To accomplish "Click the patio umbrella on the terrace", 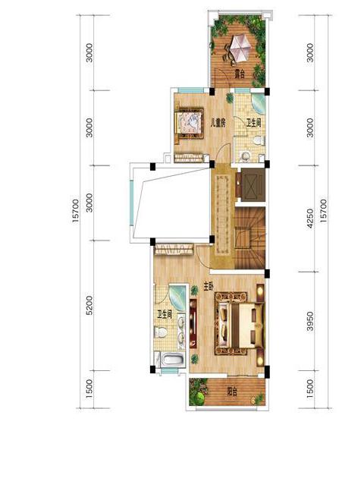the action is [240, 48].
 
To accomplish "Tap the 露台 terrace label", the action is [240, 74].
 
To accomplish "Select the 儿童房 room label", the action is [218, 124].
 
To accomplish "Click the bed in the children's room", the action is [189, 124].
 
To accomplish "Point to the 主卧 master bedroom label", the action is [209, 287].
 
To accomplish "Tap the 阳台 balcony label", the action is [232, 391].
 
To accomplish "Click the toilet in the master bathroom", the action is [161, 332].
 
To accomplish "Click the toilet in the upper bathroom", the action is [259, 140].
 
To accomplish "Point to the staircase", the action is [249, 237].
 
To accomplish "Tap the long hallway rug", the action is [222, 215].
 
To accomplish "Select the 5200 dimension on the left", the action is [89, 306].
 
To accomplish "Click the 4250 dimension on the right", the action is [310, 219].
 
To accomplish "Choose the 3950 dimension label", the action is [310, 321].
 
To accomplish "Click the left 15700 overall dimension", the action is [76, 211].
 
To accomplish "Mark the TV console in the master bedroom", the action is [193, 323].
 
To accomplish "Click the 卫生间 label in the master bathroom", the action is [165, 315].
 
